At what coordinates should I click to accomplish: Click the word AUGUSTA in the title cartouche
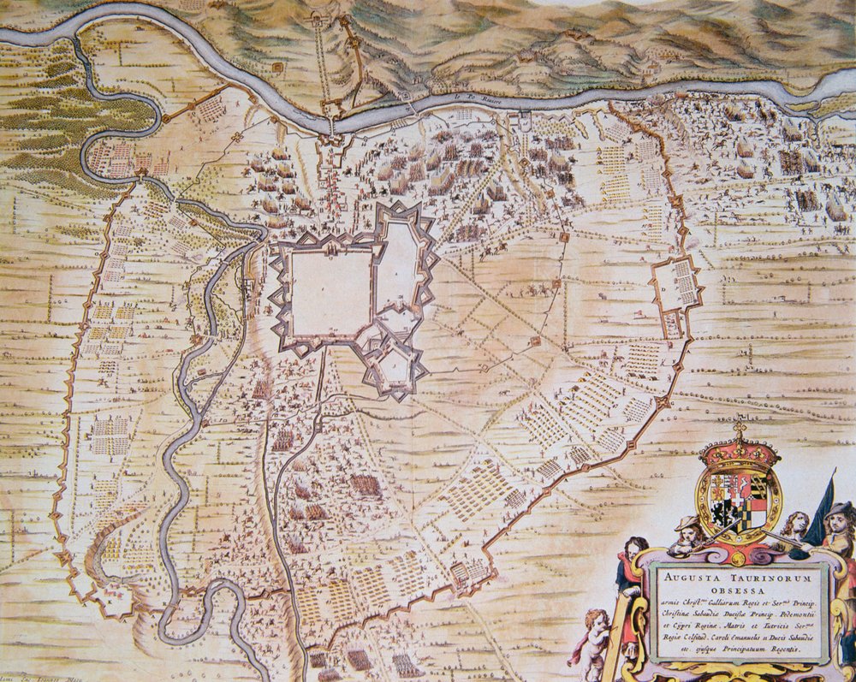[x=686, y=575]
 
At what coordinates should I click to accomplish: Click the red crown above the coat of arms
[x=739, y=450]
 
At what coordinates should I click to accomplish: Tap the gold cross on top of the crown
[x=740, y=428]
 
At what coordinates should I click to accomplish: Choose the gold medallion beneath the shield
[x=738, y=557]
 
